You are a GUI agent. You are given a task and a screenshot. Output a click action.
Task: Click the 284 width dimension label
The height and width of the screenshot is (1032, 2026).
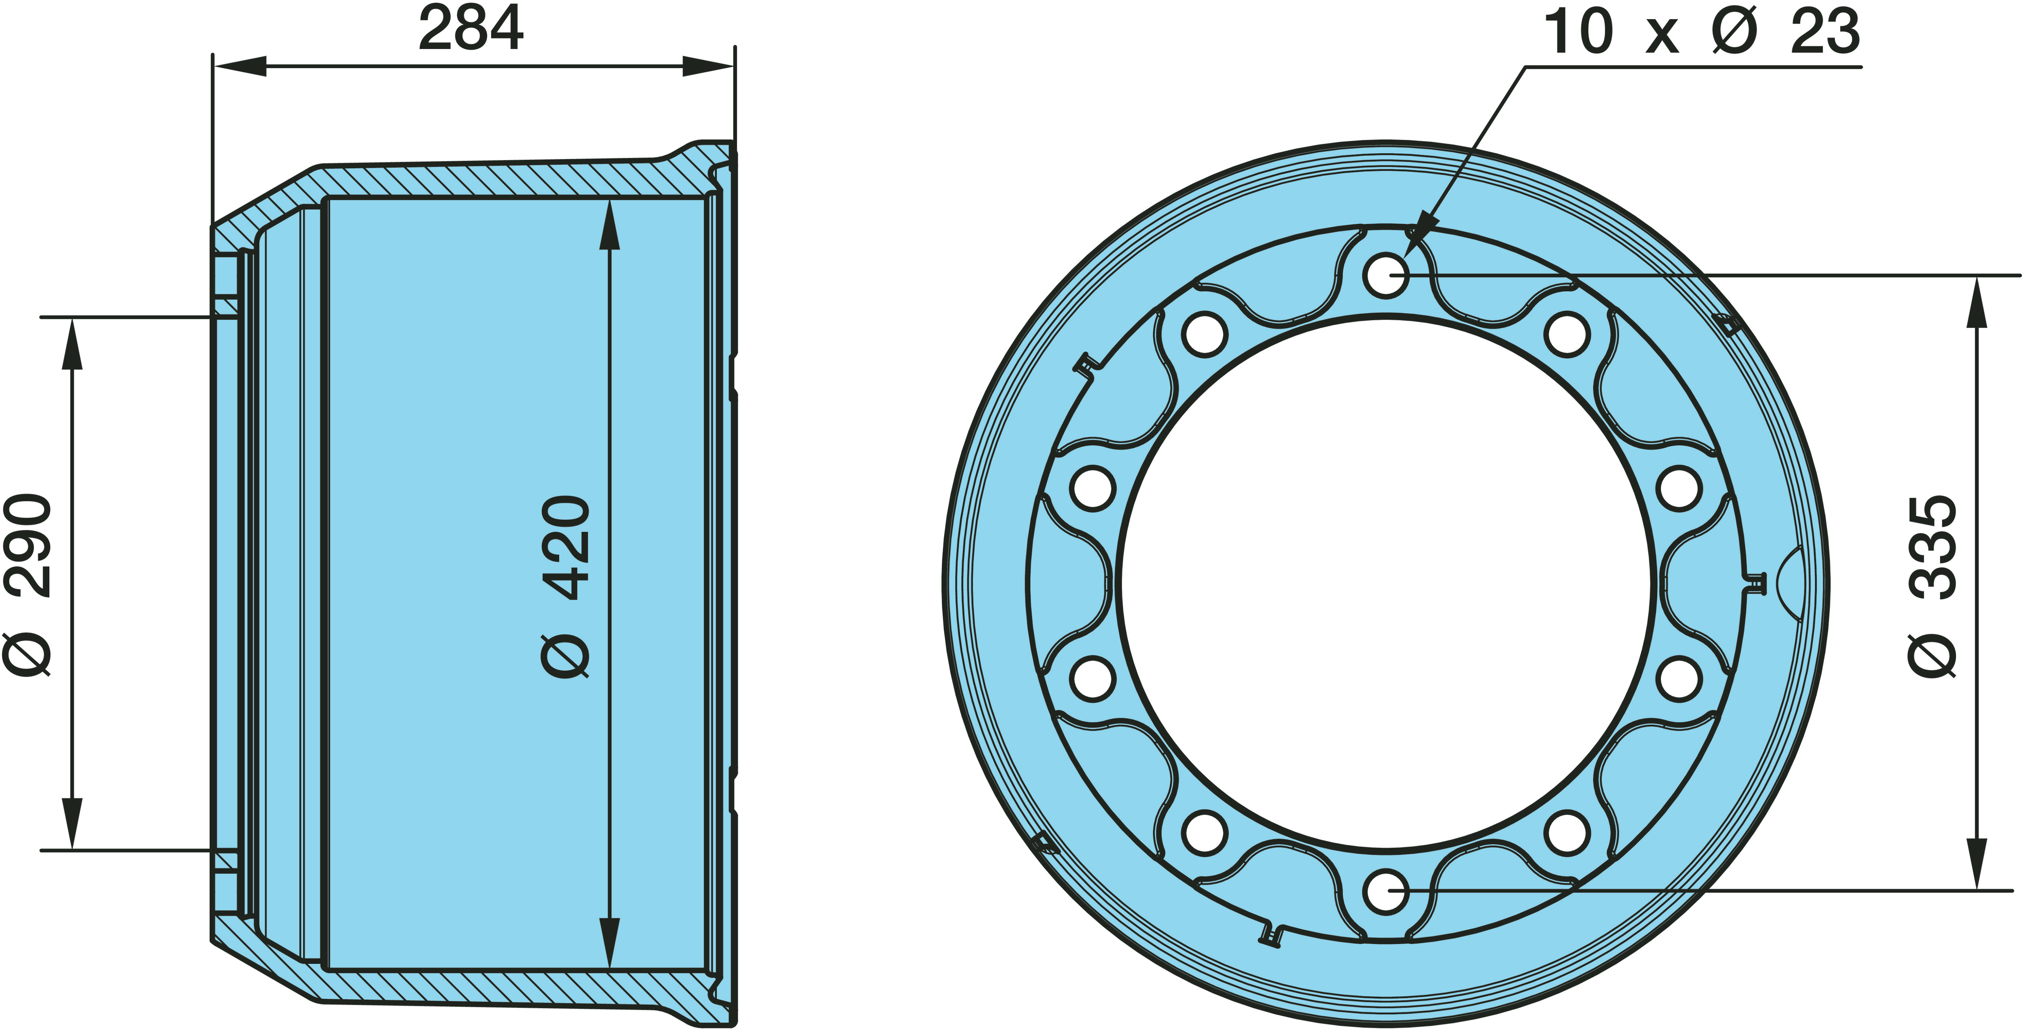[x=471, y=28]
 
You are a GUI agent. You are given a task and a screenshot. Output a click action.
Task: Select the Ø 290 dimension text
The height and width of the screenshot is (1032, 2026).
[x=28, y=585]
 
